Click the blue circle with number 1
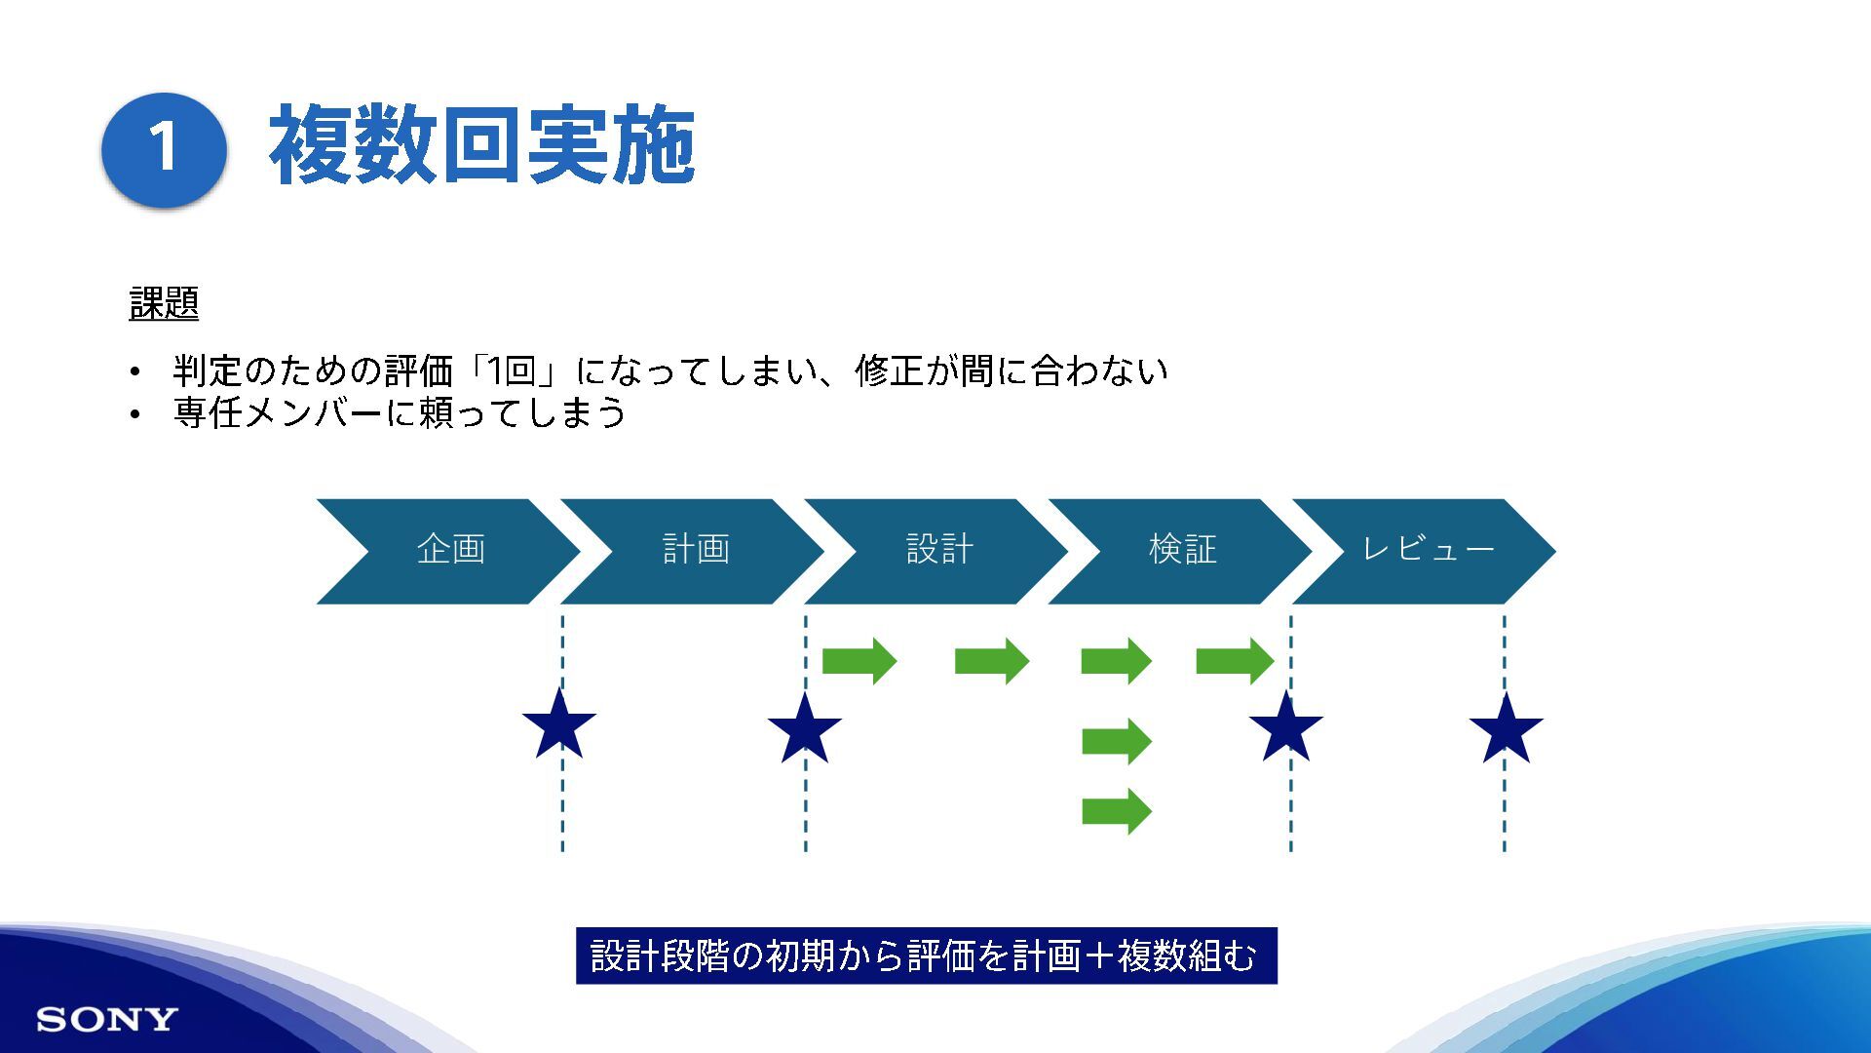(164, 148)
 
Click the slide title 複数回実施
(481, 146)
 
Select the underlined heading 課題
(164, 303)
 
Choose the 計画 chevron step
(695, 551)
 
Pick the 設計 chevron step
(938, 551)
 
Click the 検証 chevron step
(1182, 551)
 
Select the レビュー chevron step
(1427, 551)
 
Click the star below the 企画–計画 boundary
(559, 726)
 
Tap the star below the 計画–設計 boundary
(804, 729)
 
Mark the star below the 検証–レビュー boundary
(1286, 727)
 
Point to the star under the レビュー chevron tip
(1506, 729)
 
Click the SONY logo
(107, 1020)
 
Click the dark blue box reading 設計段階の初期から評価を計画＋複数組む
(926, 955)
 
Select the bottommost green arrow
(1117, 811)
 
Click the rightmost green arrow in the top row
(1235, 661)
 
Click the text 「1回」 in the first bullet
(513, 371)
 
